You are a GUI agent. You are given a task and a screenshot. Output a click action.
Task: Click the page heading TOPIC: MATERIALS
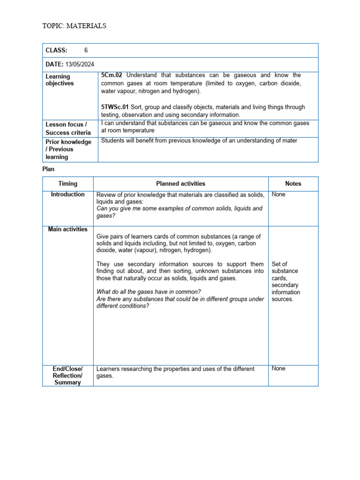(74, 26)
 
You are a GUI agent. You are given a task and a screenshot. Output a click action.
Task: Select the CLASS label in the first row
(56, 50)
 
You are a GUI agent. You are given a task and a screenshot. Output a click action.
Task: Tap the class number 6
(86, 50)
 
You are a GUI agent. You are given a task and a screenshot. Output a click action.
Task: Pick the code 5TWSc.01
(115, 107)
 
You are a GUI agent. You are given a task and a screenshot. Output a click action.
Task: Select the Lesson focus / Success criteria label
(68, 128)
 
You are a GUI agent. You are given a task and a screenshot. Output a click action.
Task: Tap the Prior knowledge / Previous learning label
(68, 149)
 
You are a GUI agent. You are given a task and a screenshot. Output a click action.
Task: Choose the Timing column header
(68, 184)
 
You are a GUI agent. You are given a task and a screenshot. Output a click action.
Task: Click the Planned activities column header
(180, 184)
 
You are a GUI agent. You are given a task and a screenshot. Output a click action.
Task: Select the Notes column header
(293, 184)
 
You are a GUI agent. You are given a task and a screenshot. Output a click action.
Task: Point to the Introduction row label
(68, 194)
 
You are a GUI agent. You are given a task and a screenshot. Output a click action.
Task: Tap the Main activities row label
(68, 229)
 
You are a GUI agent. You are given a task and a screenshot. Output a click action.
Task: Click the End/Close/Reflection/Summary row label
(68, 375)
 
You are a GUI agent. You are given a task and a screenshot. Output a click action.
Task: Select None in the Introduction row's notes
(278, 194)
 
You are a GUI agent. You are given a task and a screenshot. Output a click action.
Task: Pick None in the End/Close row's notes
(278, 368)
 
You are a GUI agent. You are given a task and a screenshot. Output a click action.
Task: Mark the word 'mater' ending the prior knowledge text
(289, 141)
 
